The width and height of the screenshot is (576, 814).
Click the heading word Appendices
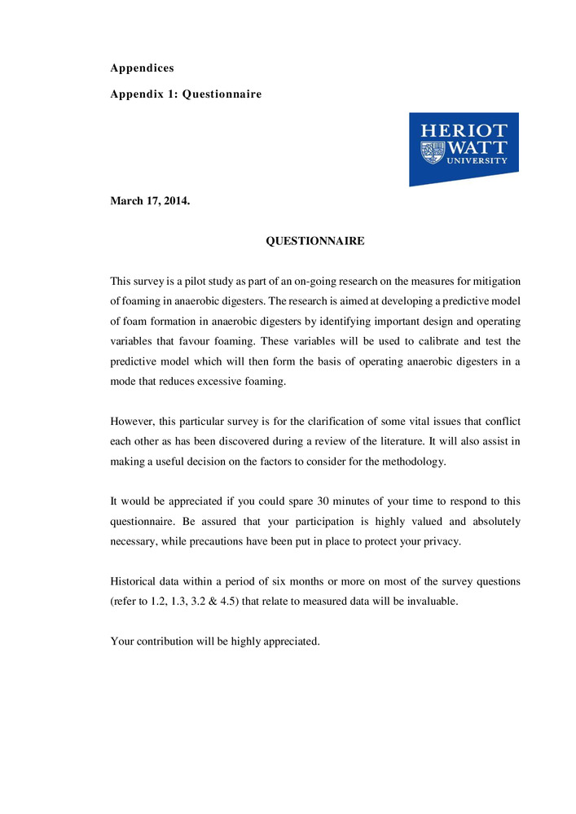coord(142,68)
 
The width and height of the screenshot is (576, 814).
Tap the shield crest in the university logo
coord(433,151)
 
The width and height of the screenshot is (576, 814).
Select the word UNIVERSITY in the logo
coord(477,161)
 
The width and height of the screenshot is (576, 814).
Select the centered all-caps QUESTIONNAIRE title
coord(315,242)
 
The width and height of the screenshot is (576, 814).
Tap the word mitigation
coord(495,282)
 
